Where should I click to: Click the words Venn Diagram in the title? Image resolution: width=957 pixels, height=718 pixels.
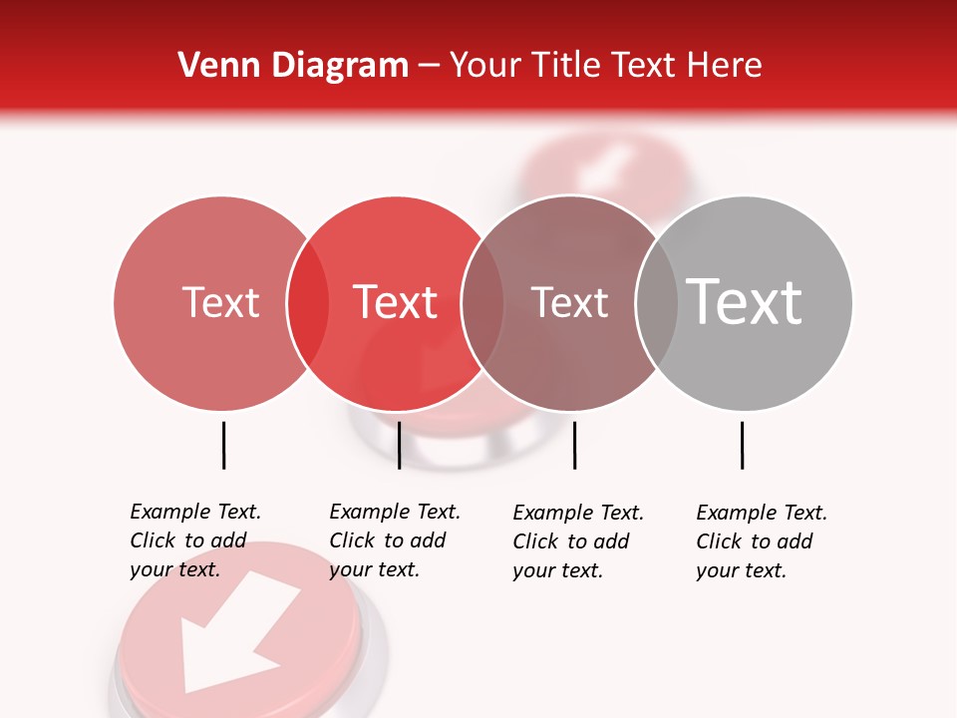click(293, 65)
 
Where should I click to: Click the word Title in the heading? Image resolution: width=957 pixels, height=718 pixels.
click(565, 65)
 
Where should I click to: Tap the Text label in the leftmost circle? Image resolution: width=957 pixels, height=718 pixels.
click(220, 302)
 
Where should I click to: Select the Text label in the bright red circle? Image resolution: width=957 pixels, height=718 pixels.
click(395, 302)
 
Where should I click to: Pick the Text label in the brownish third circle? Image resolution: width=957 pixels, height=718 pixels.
click(569, 302)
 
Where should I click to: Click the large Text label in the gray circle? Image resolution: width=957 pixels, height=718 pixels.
click(745, 301)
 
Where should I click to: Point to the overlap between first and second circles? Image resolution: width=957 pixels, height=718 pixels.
click(308, 303)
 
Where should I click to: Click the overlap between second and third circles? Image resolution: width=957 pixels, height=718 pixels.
click(482, 303)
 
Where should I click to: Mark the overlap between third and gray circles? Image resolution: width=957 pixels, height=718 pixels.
click(657, 303)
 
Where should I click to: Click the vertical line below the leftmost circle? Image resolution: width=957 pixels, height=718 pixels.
click(223, 445)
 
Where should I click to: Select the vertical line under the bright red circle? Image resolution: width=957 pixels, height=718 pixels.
click(399, 445)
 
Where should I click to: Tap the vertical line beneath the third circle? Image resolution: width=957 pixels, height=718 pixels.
click(574, 445)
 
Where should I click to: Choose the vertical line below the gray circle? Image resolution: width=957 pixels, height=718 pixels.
click(742, 445)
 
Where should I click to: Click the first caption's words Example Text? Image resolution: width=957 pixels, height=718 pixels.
click(195, 512)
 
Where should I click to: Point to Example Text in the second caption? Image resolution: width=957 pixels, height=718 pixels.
click(395, 512)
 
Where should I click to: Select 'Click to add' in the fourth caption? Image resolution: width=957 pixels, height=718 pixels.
click(755, 541)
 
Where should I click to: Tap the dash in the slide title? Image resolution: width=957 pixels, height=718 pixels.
click(429, 66)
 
